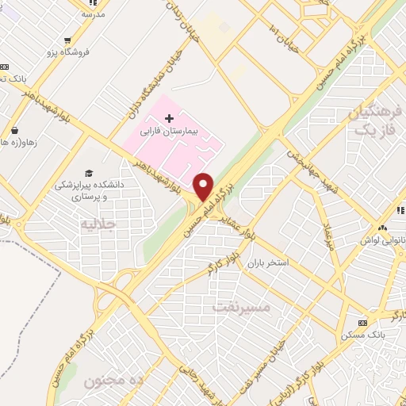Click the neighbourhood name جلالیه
98,224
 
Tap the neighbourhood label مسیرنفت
242,305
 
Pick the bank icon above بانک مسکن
364,324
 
